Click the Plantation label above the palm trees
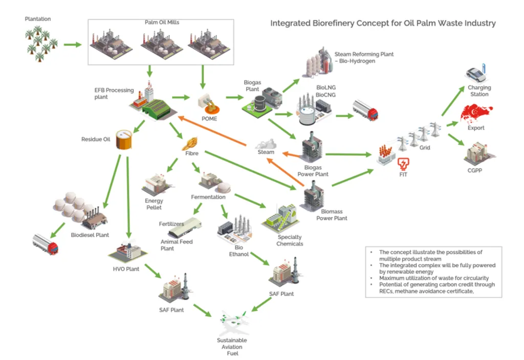(x=38, y=19)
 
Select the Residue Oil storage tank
(x=123, y=139)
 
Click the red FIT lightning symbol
(x=404, y=164)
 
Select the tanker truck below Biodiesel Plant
(x=46, y=244)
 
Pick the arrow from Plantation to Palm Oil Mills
(x=73, y=45)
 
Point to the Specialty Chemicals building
(x=280, y=218)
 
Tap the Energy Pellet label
(x=154, y=204)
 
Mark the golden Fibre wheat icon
(x=190, y=142)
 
